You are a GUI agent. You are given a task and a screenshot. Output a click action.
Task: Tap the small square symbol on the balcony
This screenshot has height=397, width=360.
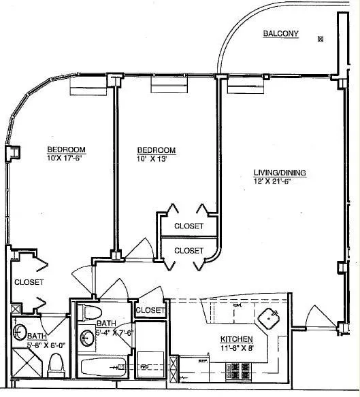point(320,39)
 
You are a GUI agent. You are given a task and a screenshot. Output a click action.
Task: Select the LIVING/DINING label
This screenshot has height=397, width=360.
point(280,173)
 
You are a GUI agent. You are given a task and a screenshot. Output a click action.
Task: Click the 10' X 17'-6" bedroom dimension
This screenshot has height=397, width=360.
point(65,158)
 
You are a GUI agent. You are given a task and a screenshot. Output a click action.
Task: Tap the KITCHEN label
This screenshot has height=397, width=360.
point(236,339)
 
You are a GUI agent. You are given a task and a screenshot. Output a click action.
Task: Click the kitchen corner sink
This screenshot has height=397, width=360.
point(272,317)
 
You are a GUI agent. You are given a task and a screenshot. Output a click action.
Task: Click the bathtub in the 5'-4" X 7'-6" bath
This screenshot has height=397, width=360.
point(101,368)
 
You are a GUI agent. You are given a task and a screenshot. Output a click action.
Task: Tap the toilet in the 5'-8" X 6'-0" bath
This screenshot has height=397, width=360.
point(55,367)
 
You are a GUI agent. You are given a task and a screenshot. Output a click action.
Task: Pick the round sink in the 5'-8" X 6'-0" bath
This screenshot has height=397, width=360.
point(20,333)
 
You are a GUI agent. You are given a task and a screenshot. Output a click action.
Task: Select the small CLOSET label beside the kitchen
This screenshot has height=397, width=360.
point(150,310)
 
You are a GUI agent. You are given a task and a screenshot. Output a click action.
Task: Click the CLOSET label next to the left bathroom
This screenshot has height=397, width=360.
point(29,281)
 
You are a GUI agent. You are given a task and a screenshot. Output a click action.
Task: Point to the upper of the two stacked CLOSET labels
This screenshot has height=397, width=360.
point(189,226)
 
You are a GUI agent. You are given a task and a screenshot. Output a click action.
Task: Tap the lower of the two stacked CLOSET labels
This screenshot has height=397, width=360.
point(189,250)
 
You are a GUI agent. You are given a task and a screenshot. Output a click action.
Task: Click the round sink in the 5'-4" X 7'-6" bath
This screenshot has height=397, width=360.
point(87,335)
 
